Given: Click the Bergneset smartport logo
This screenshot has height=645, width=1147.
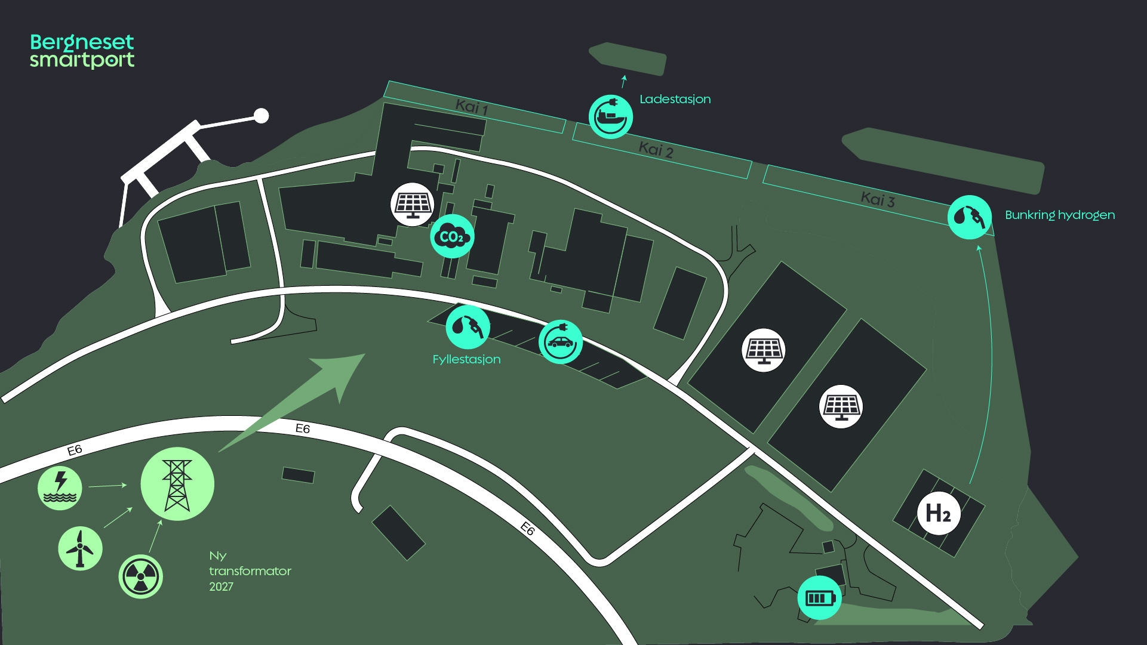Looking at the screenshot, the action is [x=82, y=51].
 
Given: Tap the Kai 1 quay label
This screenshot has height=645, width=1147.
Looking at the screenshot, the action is [x=472, y=107].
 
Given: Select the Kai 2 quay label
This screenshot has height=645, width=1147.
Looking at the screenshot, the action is [x=656, y=149].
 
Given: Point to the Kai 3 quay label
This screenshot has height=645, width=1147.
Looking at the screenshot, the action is [x=877, y=199].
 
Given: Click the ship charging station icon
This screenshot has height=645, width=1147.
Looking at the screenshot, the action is [x=610, y=116].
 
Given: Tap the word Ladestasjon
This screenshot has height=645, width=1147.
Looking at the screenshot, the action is [x=675, y=99].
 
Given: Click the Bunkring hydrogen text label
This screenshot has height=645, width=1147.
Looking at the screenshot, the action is [x=1059, y=215].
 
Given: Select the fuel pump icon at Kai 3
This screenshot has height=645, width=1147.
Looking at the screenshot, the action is [x=969, y=217].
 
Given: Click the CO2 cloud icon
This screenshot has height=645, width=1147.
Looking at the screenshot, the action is [x=452, y=237].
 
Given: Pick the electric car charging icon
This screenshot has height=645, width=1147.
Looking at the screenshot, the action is [x=560, y=342].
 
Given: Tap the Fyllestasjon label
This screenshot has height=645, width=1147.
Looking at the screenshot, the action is [x=466, y=359].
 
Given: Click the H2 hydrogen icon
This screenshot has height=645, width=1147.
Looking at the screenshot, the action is [x=938, y=513].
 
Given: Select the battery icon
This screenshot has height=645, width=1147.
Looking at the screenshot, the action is [x=819, y=598].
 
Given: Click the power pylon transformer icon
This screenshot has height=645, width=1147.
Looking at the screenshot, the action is [x=177, y=484].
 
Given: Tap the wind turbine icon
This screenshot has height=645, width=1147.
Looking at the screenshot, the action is [x=80, y=548].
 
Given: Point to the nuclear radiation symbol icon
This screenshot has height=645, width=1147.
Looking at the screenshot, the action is [x=141, y=577].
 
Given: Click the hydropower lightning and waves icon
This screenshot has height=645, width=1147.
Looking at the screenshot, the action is [x=60, y=487].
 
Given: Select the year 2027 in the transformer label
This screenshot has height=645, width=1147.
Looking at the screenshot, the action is [x=221, y=587].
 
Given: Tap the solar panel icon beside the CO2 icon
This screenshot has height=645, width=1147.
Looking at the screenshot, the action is [x=413, y=204].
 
